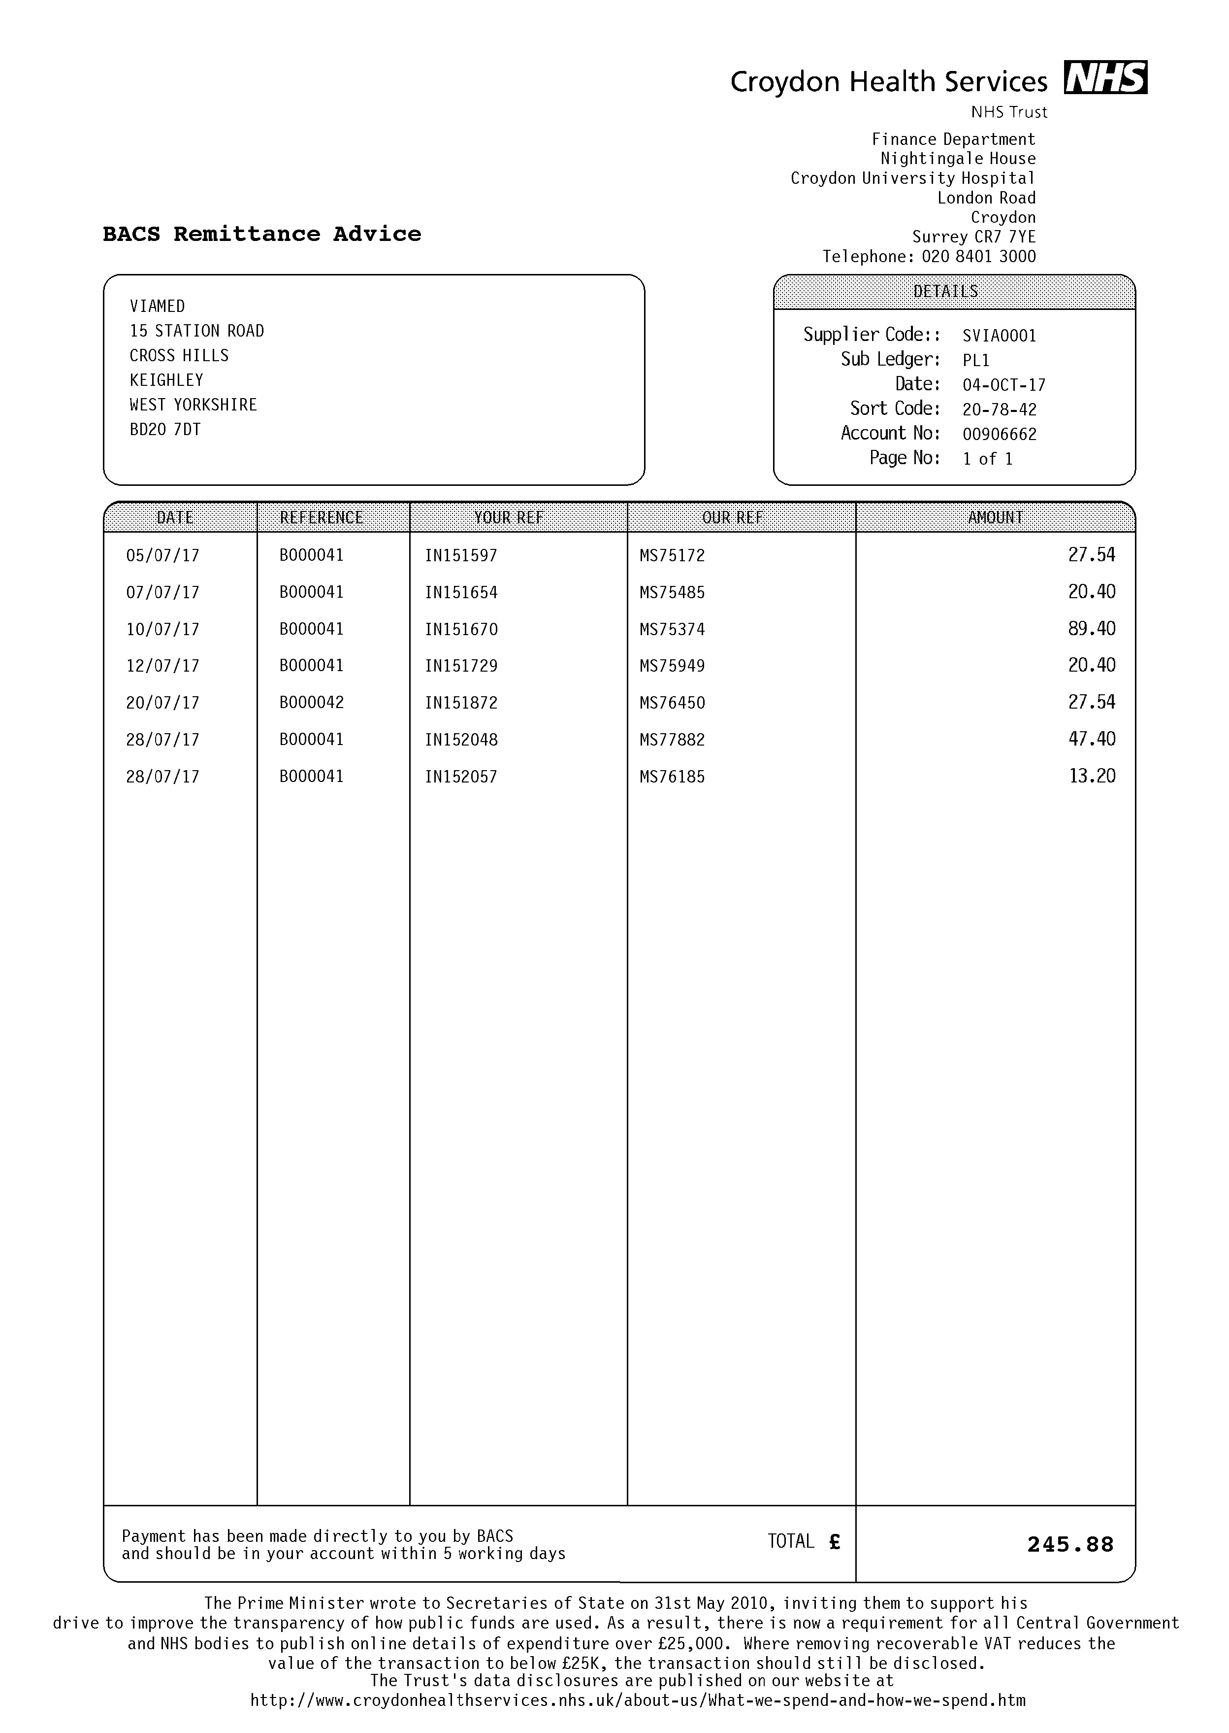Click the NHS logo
click(1105, 77)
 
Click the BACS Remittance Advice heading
click(262, 234)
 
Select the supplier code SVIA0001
click(999, 336)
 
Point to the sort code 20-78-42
click(999, 409)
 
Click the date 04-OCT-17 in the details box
click(1003, 385)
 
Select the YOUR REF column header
click(509, 518)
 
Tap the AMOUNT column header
click(995, 518)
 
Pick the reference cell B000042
click(311, 703)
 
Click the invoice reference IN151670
click(461, 629)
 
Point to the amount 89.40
click(1091, 628)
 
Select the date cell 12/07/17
click(162, 666)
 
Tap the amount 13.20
click(1091, 776)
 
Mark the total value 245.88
click(1070, 1544)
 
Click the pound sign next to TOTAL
click(834, 1541)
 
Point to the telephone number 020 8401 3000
click(978, 257)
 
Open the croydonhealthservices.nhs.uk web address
click(637, 1700)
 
